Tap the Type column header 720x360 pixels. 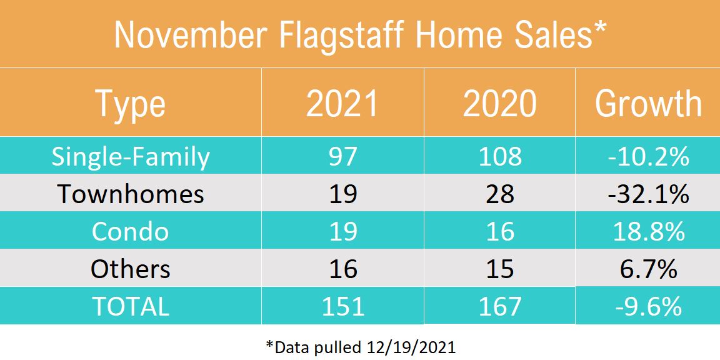coord(130,104)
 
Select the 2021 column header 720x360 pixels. coord(342,104)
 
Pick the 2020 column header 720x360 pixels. coord(499,104)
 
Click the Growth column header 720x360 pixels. coord(648,104)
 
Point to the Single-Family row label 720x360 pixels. coord(130,156)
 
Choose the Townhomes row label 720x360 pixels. coord(130,194)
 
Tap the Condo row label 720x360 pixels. coord(130,231)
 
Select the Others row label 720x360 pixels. coord(130,269)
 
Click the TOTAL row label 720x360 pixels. coord(130,306)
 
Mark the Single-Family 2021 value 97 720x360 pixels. coord(342,156)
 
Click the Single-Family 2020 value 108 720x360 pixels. coord(499,156)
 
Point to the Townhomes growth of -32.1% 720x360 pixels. coord(648,194)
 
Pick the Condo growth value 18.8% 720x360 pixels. coord(648,231)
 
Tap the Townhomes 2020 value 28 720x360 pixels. coord(499,194)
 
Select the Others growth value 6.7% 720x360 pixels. coord(648,269)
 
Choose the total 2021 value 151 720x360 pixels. coord(342,306)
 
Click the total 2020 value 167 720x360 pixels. coord(499,306)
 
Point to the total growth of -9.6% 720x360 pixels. coord(648,306)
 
